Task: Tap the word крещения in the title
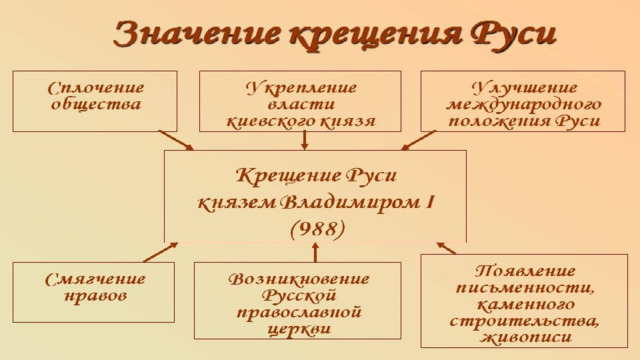tap(375, 36)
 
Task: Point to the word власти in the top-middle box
tap(301, 104)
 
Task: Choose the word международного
tap(524, 105)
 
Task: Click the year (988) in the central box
tap(318, 229)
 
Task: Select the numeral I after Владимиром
tap(429, 202)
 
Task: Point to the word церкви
tap(299, 329)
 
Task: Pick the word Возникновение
tap(298, 279)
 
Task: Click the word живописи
tap(526, 337)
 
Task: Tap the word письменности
tap(524, 288)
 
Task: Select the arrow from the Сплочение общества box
tap(176, 140)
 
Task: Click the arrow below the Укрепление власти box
tap(304, 141)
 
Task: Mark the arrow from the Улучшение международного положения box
tap(418, 140)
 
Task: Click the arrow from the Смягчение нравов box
tap(161, 252)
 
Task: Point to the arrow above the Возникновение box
tap(315, 253)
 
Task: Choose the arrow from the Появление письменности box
tap(446, 248)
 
